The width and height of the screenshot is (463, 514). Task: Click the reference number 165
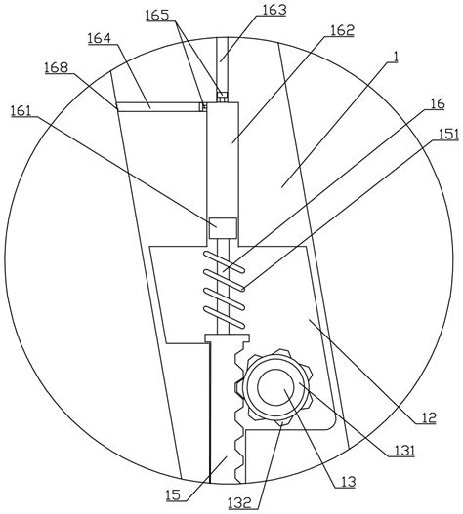click(157, 16)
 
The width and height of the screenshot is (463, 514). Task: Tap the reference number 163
click(274, 10)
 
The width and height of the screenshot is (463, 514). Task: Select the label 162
click(342, 30)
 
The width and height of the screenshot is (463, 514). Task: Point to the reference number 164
click(100, 38)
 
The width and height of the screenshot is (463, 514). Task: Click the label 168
click(57, 67)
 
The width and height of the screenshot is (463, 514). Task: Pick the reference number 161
click(21, 110)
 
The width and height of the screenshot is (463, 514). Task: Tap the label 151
click(449, 134)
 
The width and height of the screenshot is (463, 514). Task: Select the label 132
click(240, 502)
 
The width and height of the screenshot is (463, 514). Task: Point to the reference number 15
click(173, 495)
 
